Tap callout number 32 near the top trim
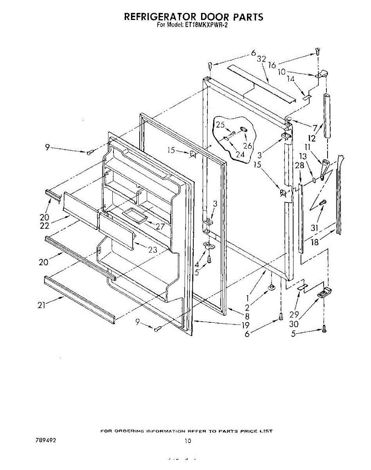click(261, 59)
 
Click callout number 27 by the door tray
click(160, 226)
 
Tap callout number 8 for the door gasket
click(245, 316)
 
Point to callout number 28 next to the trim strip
click(300, 166)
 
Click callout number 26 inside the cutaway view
click(247, 146)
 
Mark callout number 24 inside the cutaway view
click(240, 154)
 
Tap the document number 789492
click(45, 440)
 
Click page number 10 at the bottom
click(188, 441)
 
